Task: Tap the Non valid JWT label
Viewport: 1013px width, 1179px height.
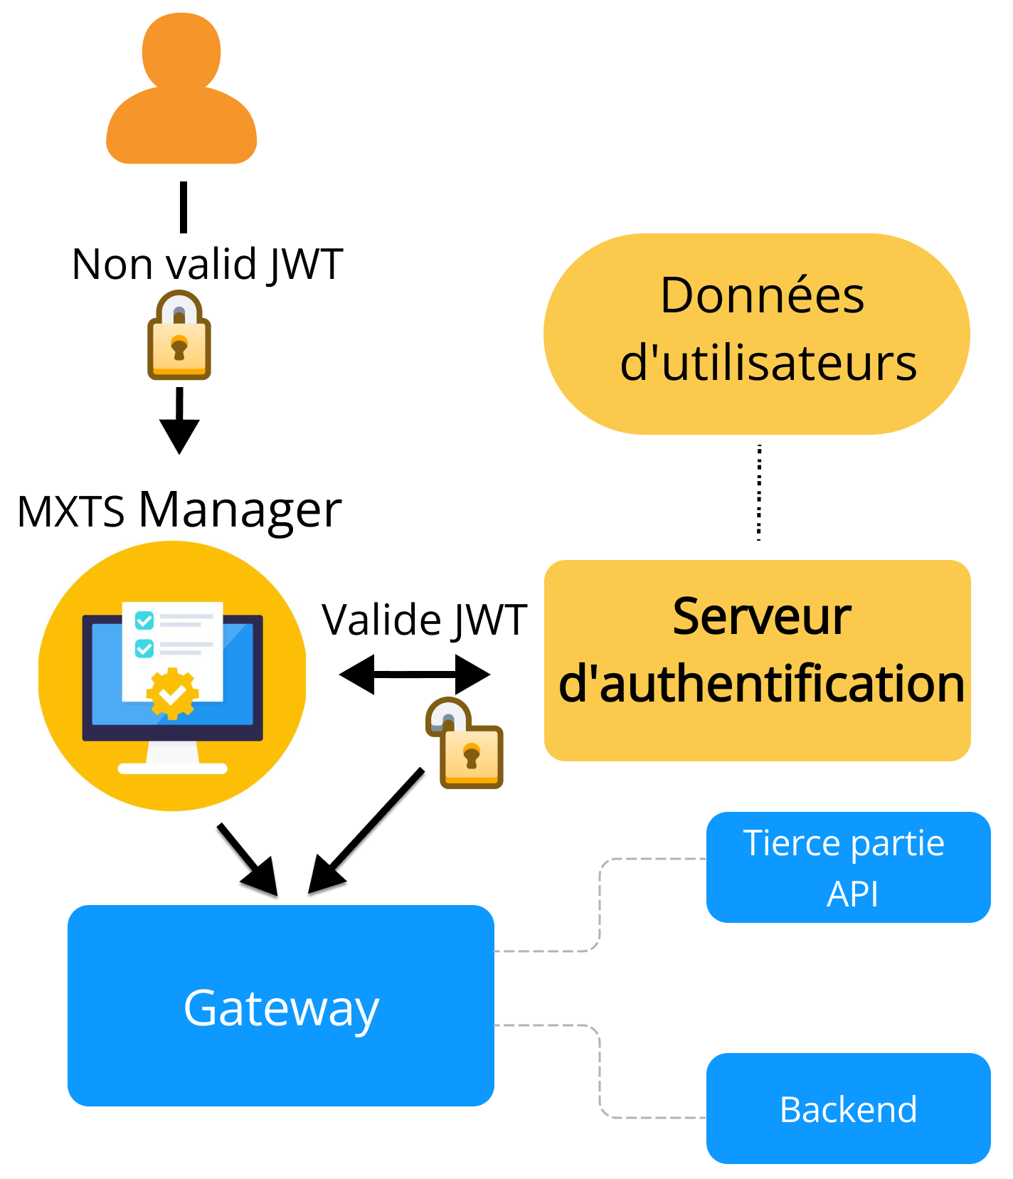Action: coord(208,265)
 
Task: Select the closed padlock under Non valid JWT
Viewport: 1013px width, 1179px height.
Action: coord(179,337)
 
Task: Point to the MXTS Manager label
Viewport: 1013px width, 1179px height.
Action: coord(179,510)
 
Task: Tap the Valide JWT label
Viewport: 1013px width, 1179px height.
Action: coord(424,620)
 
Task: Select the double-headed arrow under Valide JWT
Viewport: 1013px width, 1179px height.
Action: coord(415,674)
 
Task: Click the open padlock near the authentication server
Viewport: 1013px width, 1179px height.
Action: coord(466,744)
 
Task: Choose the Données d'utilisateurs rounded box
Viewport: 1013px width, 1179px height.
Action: coord(756,334)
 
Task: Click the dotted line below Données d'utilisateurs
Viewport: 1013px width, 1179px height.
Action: coord(759,492)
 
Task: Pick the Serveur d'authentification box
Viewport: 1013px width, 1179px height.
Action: coord(758,660)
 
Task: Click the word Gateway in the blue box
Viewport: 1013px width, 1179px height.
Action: coord(281,1008)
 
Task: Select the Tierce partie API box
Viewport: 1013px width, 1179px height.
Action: coord(848,867)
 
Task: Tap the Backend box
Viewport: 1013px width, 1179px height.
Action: coord(848,1109)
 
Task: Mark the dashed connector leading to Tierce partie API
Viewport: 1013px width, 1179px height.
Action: coord(600,904)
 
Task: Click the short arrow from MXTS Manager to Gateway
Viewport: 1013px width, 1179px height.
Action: coord(247,859)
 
